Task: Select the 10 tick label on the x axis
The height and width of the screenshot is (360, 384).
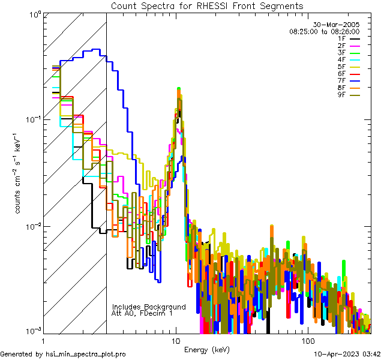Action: coord(175,340)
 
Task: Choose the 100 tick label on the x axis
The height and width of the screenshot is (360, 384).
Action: coord(307,340)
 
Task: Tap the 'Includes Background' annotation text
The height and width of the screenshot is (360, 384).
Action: coord(149,307)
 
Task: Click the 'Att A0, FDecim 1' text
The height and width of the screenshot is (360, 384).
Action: coord(142,314)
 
